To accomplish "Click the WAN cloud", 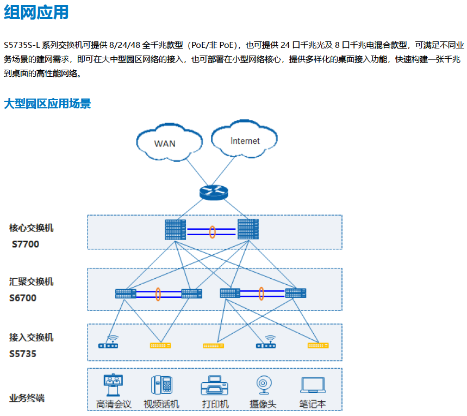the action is click(x=170, y=142).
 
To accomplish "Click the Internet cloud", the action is click(x=244, y=139).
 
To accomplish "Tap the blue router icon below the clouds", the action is click(x=214, y=192).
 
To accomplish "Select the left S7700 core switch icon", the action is click(x=176, y=230).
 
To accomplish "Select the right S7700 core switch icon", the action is click(x=248, y=229).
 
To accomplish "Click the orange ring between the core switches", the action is click(x=213, y=232).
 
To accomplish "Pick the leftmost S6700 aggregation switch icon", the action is click(x=126, y=293).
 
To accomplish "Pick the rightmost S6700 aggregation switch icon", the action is click(x=296, y=293).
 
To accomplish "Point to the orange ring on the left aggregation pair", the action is click(x=158, y=294).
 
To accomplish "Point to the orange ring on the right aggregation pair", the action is click(x=261, y=293).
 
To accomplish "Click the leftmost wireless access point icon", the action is click(x=108, y=342).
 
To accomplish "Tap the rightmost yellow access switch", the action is click(x=318, y=346).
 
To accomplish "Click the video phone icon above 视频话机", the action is click(x=161, y=385).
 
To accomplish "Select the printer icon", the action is click(x=214, y=386).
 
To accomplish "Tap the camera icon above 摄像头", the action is click(x=264, y=385).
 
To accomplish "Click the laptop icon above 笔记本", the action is click(x=313, y=386).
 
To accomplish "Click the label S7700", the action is click(x=26, y=244).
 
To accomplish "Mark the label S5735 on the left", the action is click(x=23, y=354).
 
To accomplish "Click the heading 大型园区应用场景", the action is click(x=47, y=104).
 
